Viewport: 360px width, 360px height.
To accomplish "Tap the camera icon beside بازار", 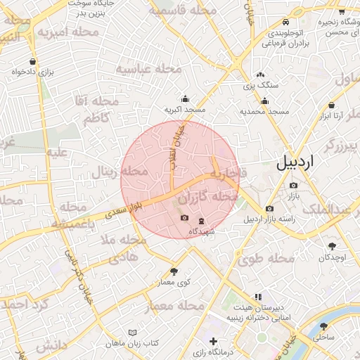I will click(293, 185).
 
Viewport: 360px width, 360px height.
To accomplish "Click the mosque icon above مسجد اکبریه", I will click(185, 99).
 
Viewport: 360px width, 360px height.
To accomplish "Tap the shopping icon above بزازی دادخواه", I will click(34, 61).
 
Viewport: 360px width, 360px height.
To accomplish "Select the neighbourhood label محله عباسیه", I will click(148, 69).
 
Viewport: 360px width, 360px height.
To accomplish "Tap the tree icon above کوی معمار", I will click(174, 271).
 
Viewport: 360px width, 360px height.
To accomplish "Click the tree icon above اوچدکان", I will click(332, 246).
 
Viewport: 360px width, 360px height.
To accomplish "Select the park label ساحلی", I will click(323, 337).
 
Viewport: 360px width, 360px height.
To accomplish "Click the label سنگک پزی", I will click(261, 85).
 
